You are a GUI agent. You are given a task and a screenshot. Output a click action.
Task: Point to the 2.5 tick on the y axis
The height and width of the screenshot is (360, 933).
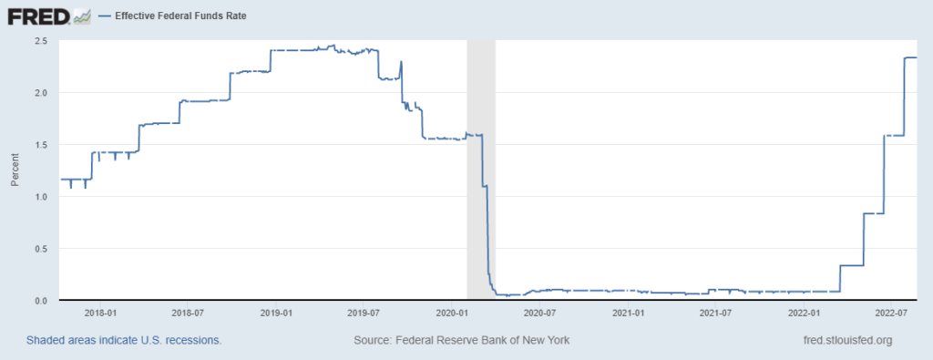(x=42, y=41)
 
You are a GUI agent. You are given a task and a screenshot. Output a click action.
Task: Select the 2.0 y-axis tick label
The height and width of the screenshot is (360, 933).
(x=42, y=93)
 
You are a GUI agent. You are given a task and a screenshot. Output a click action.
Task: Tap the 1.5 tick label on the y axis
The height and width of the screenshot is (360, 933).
(x=42, y=145)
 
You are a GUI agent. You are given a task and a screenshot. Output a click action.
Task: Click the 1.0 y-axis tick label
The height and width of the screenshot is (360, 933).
(x=42, y=197)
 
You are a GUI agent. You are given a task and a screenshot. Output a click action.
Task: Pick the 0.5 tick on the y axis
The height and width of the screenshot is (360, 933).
(x=42, y=249)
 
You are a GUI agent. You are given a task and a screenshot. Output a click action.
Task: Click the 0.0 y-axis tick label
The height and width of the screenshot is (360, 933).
(x=42, y=301)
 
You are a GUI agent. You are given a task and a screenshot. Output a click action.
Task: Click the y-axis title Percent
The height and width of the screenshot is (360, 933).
(x=15, y=170)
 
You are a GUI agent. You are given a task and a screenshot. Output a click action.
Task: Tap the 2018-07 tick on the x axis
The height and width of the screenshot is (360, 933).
(x=186, y=313)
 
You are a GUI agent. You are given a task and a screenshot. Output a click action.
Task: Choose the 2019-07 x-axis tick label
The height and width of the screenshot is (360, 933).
(x=363, y=313)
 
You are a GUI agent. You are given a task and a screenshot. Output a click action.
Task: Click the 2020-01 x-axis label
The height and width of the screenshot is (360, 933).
(x=453, y=313)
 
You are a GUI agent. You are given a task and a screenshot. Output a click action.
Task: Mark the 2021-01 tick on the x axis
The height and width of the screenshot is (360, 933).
(x=629, y=313)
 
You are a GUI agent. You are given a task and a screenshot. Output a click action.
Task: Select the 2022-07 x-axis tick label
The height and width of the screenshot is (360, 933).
(x=895, y=313)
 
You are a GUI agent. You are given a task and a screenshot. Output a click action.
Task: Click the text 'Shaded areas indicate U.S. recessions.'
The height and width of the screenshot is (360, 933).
(x=124, y=341)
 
